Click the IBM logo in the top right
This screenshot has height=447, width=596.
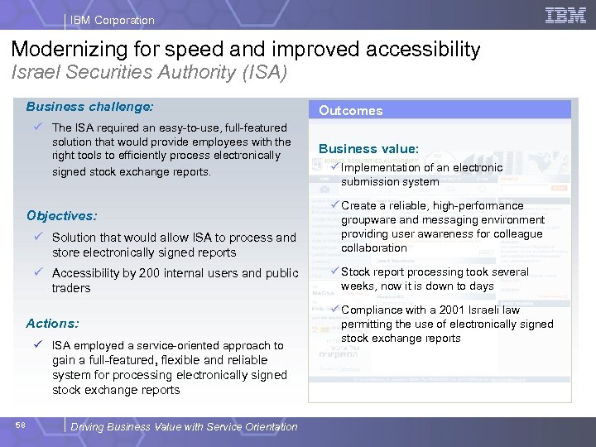pyautogui.click(x=565, y=15)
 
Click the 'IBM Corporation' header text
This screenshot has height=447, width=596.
pyautogui.click(x=112, y=20)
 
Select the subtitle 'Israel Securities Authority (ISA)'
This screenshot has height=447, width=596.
pyautogui.click(x=149, y=73)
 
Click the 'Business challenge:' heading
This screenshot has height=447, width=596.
pyautogui.click(x=89, y=107)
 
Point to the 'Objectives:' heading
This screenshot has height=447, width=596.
pyautogui.click(x=61, y=216)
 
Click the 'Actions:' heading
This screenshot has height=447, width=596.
pyautogui.click(x=52, y=324)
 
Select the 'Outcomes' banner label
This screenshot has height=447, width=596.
pyautogui.click(x=351, y=111)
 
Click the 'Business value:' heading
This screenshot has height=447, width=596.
pyautogui.click(x=368, y=149)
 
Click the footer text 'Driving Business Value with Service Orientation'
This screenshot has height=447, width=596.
pyautogui.click(x=184, y=427)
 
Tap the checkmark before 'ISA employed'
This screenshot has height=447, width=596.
pyautogui.click(x=38, y=345)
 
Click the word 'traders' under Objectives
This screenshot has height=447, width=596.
pyautogui.click(x=71, y=288)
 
